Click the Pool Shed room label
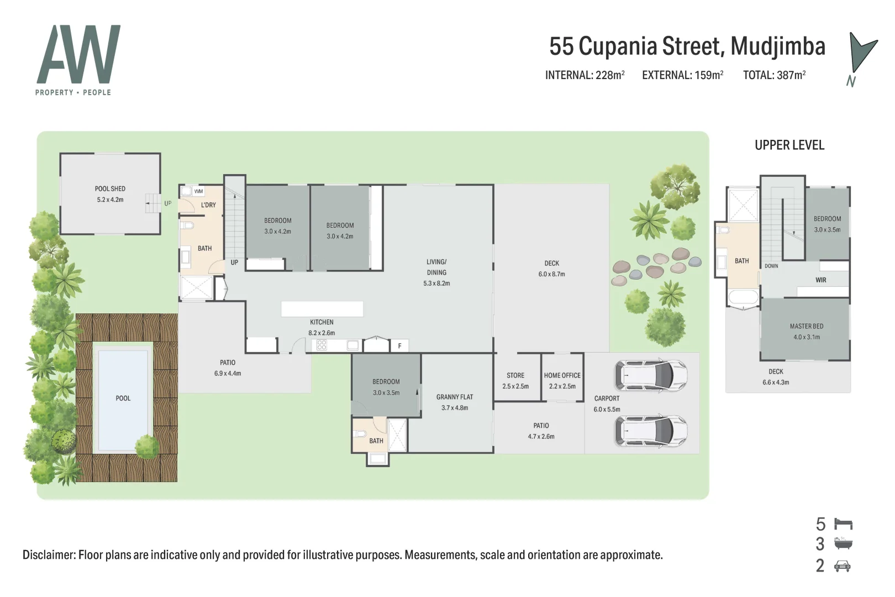(x=110, y=188)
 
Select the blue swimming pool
(x=123, y=398)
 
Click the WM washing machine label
(x=198, y=191)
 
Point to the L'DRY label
(x=208, y=205)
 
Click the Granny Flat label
(x=454, y=397)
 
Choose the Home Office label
(x=562, y=375)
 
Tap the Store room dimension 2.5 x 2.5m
(x=515, y=386)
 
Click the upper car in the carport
(x=651, y=375)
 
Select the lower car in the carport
(x=651, y=431)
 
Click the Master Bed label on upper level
(x=806, y=326)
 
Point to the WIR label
(x=820, y=280)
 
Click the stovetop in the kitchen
(x=322, y=345)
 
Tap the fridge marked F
(x=399, y=346)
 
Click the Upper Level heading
(x=789, y=145)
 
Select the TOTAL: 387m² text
(x=773, y=75)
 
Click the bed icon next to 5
(x=843, y=523)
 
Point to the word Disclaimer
(x=49, y=555)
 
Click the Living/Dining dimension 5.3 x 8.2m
(x=436, y=284)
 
